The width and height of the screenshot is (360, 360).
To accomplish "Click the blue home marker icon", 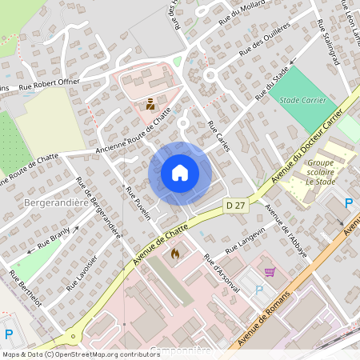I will (180, 173).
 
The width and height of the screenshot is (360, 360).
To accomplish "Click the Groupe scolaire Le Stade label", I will (320, 171).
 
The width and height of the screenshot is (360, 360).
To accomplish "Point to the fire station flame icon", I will (174, 253).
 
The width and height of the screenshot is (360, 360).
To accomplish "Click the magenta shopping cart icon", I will (270, 272).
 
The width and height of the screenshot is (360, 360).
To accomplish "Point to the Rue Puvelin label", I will (138, 203).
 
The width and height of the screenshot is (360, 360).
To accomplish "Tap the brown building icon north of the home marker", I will (150, 104).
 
